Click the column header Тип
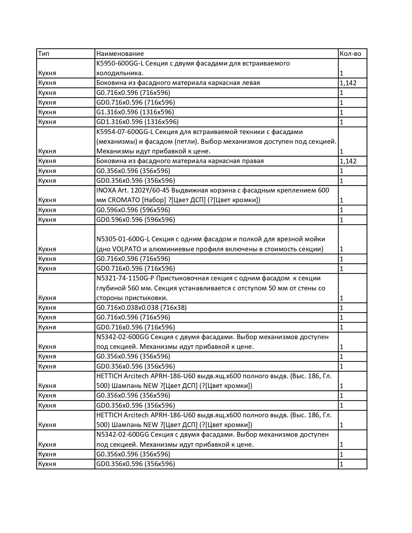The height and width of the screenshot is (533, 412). click(44, 54)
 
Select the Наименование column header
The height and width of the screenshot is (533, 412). click(120, 54)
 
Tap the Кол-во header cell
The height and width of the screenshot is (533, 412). click(350, 54)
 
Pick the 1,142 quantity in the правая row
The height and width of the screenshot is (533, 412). click(348, 161)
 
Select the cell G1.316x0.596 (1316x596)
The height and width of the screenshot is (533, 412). click(135, 112)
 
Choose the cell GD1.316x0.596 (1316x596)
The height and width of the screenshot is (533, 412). click(137, 122)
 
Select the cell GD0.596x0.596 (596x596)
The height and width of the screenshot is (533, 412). click(135, 220)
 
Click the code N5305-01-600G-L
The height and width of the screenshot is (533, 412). click(123, 239)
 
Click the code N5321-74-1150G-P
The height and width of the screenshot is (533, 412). click(125, 278)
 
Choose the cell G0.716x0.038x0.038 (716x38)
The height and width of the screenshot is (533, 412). click(142, 308)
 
